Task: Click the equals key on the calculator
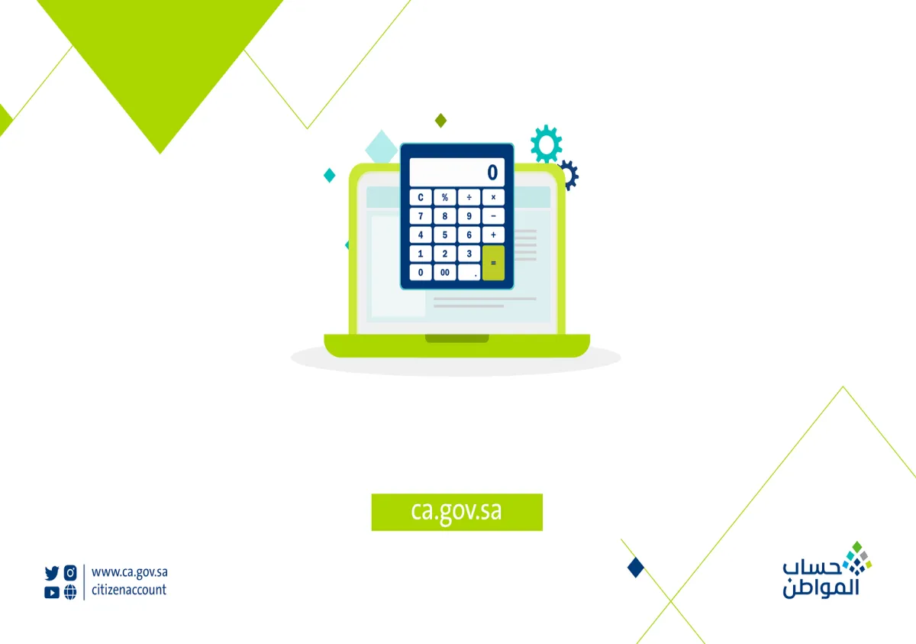point(493,263)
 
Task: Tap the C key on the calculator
point(421,197)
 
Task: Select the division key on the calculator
point(469,197)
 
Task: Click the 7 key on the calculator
point(421,216)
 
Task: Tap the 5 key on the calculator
point(445,235)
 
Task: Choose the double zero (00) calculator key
point(445,272)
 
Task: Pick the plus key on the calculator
point(493,235)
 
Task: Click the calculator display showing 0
point(456,172)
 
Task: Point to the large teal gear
point(546,144)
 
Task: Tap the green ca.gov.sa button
point(456,511)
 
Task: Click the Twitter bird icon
point(52,572)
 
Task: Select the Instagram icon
point(70,572)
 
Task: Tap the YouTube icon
point(52,591)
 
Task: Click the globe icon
point(70,591)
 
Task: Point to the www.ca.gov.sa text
point(129,571)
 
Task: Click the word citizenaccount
point(128,590)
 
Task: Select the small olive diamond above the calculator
point(440,120)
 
